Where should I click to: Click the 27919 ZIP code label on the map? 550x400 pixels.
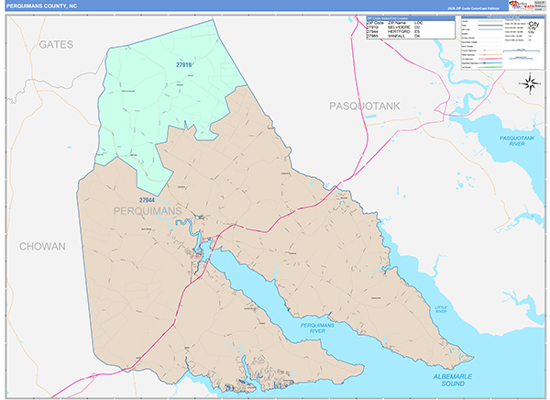[184, 64]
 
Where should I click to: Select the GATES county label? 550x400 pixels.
[56, 44]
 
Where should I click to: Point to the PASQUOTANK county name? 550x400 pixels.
[366, 107]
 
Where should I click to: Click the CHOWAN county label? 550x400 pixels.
[42, 247]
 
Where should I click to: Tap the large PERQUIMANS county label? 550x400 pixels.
[146, 212]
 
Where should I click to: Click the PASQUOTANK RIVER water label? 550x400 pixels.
[517, 140]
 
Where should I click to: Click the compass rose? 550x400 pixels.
[529, 84]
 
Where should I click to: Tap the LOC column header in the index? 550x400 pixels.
[443, 21]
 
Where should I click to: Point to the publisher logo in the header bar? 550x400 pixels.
[520, 6]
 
